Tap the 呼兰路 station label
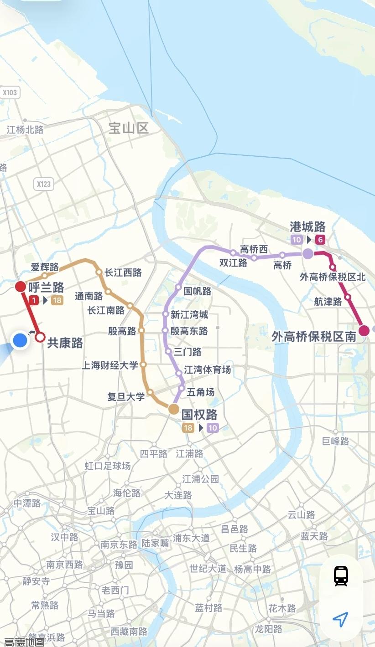[x=46, y=287]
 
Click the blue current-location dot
[x=20, y=340]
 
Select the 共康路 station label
[x=65, y=343]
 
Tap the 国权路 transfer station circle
[x=174, y=409]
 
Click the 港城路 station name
[x=308, y=227]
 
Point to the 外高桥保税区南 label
[x=314, y=337]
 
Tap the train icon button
[x=341, y=576]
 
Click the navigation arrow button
[x=341, y=619]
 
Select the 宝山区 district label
[x=129, y=128]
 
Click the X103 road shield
[x=10, y=93]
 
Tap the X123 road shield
[x=44, y=184]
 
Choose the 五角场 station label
[x=200, y=392]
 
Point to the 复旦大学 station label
[x=126, y=396]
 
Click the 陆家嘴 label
[x=155, y=543]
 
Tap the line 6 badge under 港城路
[x=320, y=240]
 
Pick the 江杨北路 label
[x=25, y=130]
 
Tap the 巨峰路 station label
[x=335, y=441]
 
